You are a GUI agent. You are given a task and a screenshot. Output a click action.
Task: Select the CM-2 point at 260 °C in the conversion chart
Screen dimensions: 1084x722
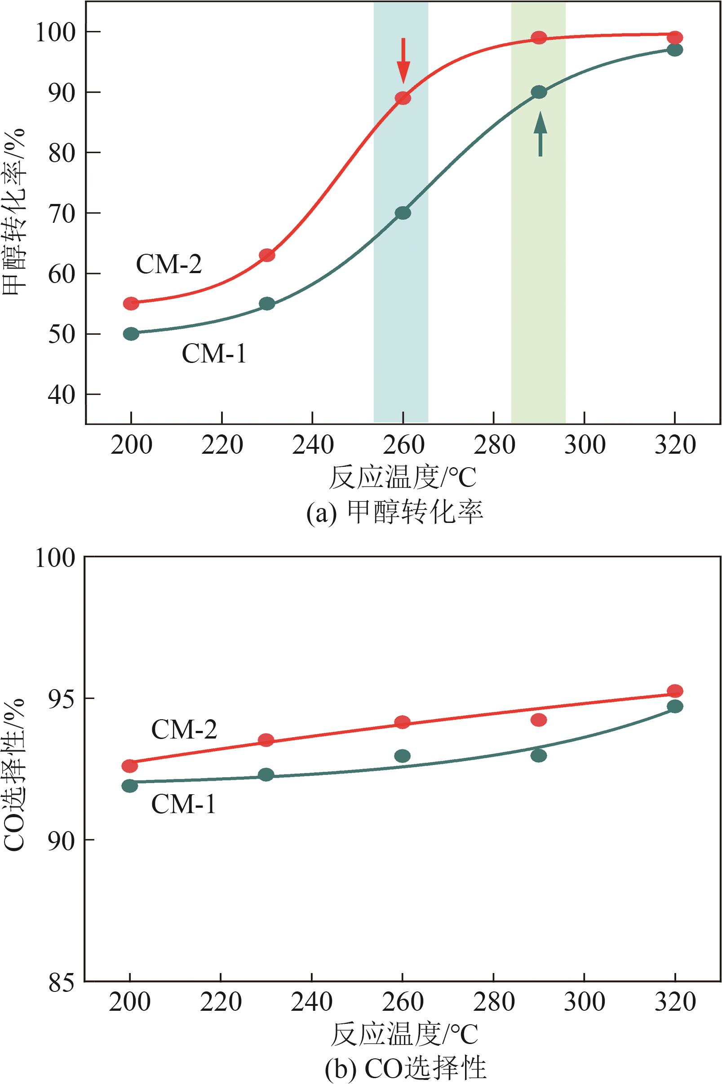click(x=403, y=98)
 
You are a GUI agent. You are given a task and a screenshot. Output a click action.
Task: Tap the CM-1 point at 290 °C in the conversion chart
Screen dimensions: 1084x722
click(x=539, y=92)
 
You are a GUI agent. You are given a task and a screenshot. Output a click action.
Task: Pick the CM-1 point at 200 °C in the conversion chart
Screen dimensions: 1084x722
click(x=131, y=334)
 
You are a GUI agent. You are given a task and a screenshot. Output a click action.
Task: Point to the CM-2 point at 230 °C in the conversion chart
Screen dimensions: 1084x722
click(x=267, y=255)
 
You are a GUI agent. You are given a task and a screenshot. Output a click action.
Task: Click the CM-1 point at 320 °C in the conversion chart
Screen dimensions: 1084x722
click(x=674, y=50)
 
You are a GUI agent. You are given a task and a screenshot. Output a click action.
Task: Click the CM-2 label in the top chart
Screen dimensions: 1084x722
click(x=169, y=265)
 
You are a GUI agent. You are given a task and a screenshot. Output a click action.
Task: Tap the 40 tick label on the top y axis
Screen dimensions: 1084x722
click(x=62, y=395)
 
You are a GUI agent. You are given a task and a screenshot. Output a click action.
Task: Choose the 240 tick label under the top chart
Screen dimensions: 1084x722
click(x=313, y=445)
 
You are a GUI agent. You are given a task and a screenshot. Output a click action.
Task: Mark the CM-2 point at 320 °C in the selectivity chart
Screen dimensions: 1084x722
click(x=674, y=691)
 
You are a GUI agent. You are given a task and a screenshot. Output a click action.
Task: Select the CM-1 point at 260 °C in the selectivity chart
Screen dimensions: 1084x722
click(x=403, y=756)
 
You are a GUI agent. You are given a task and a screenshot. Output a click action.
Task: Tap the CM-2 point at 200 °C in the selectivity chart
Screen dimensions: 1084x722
click(x=130, y=766)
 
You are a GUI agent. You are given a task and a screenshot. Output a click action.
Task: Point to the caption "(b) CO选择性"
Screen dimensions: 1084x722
click(x=405, y=1068)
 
